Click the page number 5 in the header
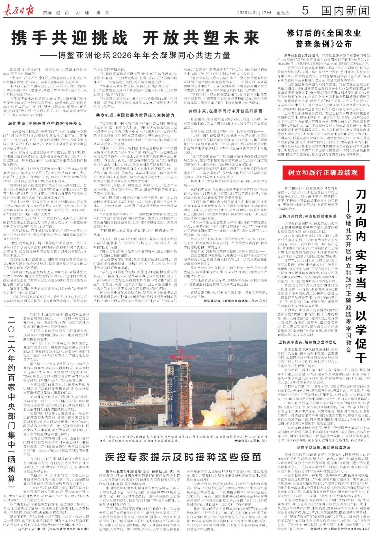305,11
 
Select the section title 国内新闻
345,11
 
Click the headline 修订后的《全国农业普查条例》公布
319,38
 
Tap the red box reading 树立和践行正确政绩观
323,172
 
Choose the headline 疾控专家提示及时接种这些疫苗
183,457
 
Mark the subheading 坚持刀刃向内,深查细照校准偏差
307,216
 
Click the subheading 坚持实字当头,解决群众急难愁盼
307,342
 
